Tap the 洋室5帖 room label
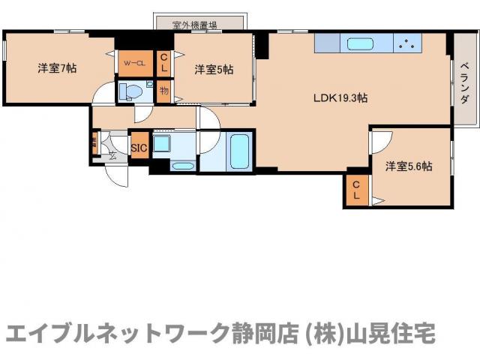(x=214, y=70)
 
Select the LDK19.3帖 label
(x=340, y=97)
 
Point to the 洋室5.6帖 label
(x=409, y=166)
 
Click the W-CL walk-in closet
(x=135, y=64)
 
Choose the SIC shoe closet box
(x=139, y=148)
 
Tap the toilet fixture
(x=132, y=92)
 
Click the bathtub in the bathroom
(x=239, y=151)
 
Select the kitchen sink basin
(x=358, y=43)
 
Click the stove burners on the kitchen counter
(x=408, y=43)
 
